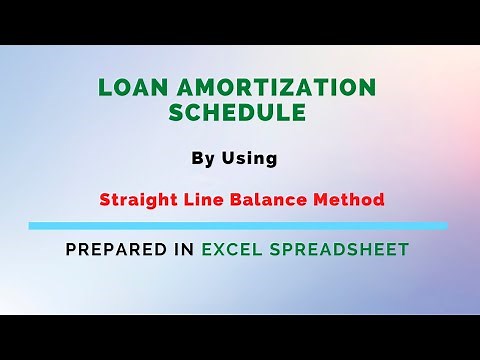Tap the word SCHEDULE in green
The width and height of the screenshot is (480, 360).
(237, 113)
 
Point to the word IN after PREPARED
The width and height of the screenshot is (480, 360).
(183, 250)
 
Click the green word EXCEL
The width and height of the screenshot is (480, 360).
(232, 250)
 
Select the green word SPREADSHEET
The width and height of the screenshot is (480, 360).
(340, 250)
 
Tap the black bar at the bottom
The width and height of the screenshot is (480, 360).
(240, 337)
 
